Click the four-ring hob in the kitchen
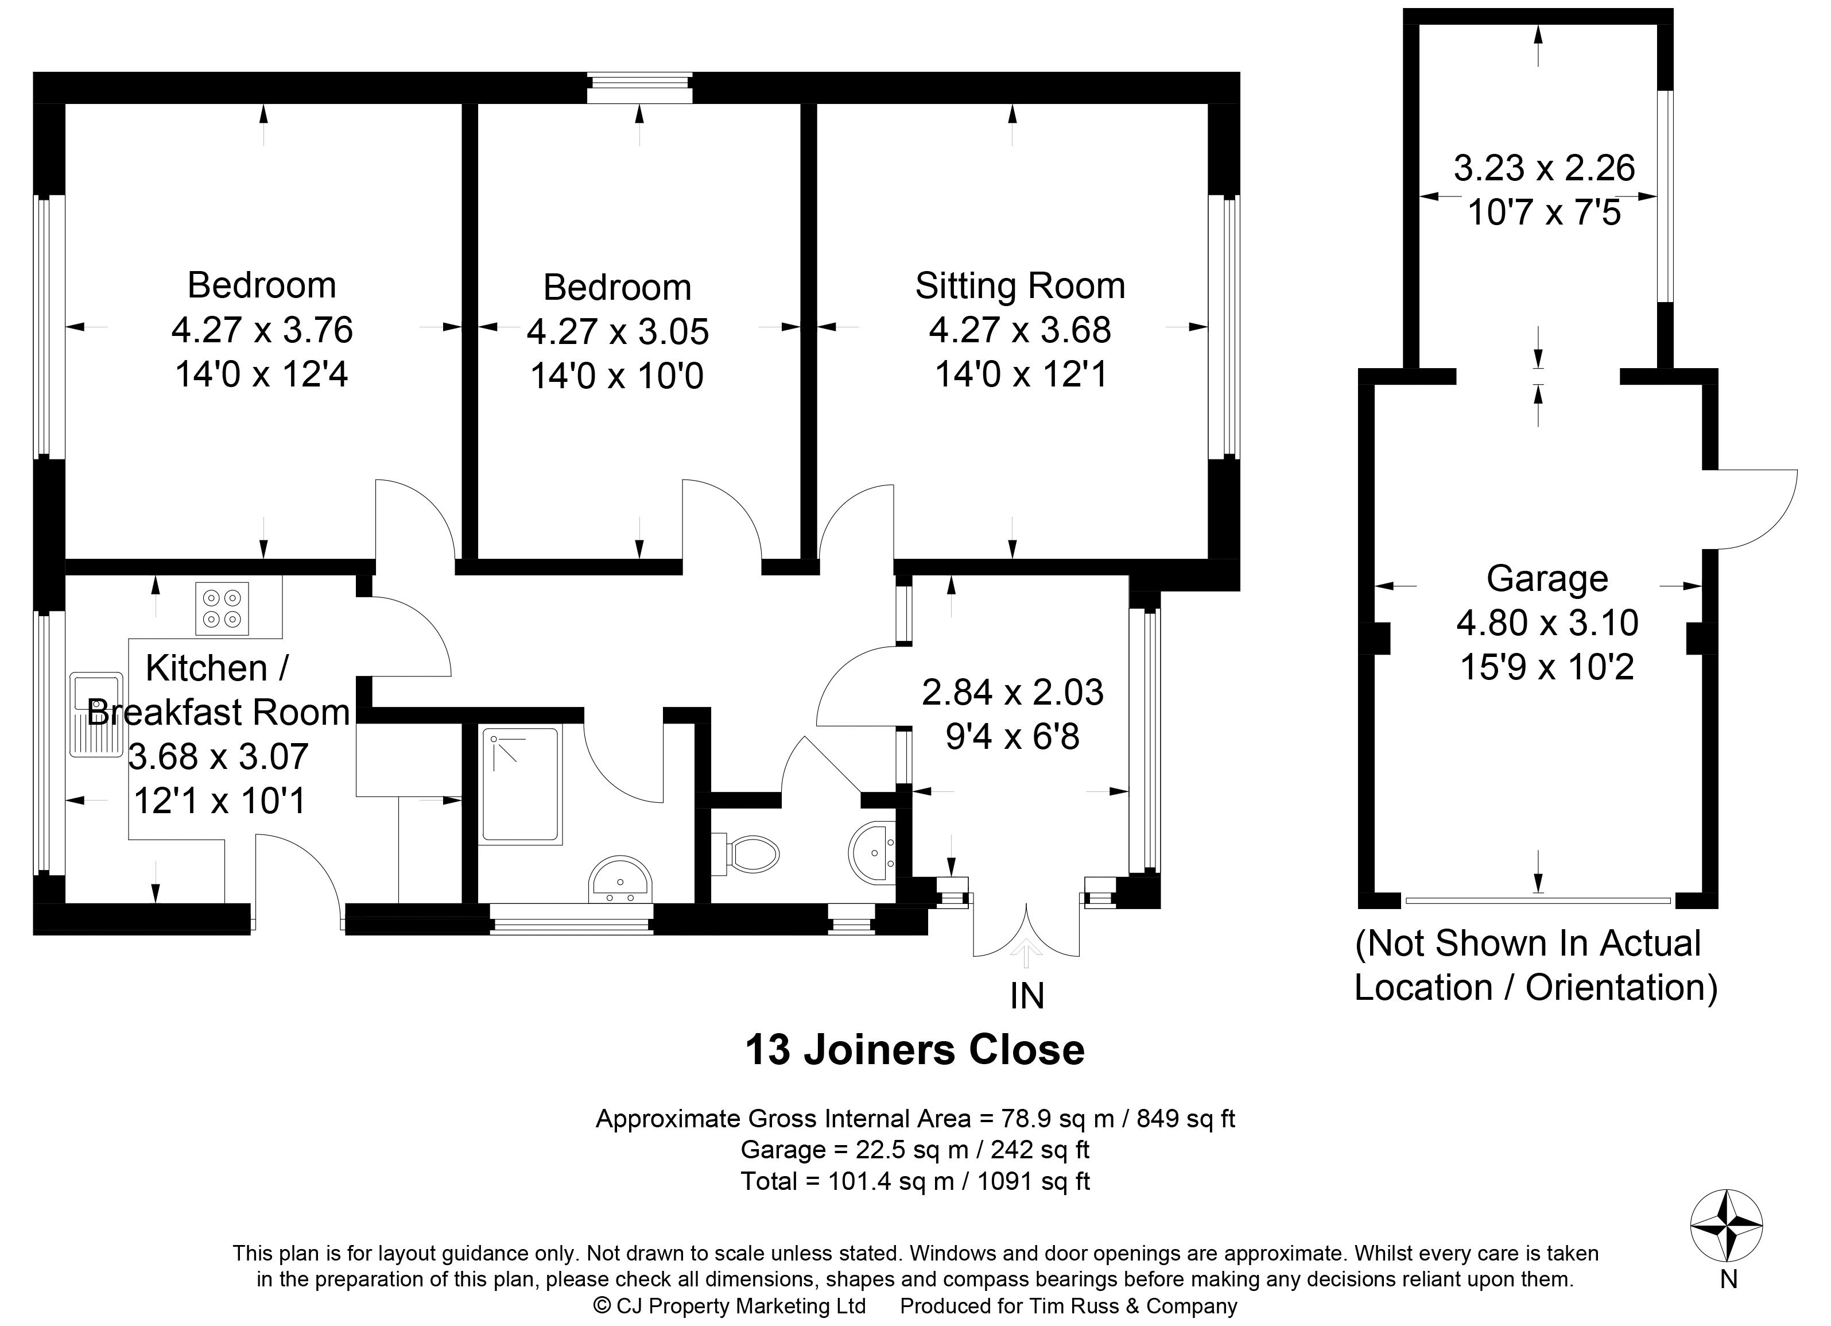(222, 608)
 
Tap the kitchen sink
(96, 714)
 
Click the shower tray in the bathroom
(520, 786)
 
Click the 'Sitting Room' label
(1019, 286)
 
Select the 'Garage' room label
(1547, 579)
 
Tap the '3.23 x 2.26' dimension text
(1545, 168)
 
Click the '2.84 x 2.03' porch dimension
(1013, 692)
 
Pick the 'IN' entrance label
(1027, 996)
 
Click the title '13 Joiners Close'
(915, 1050)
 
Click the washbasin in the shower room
(619, 879)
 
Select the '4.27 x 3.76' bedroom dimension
(262, 330)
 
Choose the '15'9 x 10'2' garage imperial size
(1547, 667)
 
